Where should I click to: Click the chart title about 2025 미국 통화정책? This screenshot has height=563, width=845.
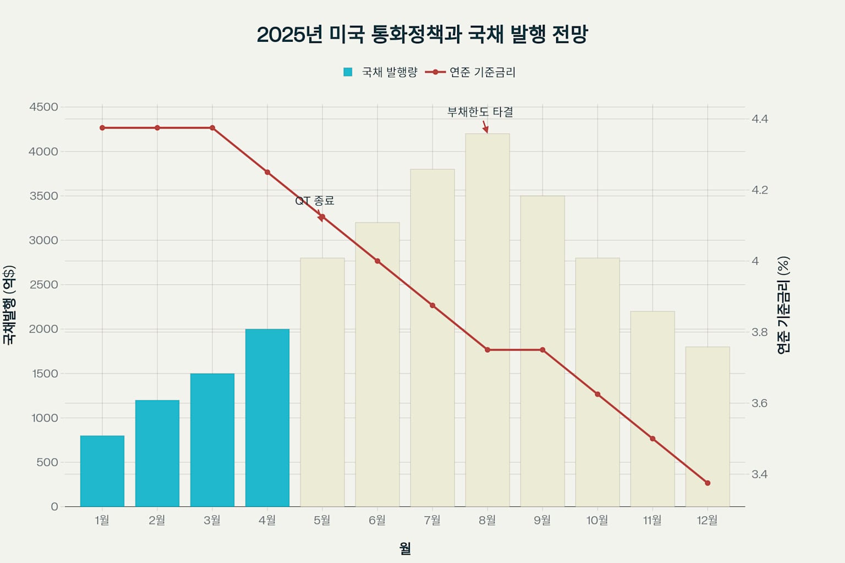point(422,34)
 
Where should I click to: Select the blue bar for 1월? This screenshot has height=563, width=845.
point(102,471)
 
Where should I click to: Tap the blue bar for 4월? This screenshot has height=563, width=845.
point(267,417)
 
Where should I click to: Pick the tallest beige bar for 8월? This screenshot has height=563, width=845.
point(487,319)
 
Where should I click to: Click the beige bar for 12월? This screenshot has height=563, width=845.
point(707,426)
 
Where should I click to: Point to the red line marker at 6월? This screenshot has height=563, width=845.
point(377,261)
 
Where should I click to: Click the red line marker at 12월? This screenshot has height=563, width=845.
point(707,483)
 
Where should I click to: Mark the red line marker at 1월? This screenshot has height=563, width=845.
point(102,128)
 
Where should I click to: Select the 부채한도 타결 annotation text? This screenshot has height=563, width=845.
point(480,112)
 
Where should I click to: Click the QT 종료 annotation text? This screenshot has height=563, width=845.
point(315,201)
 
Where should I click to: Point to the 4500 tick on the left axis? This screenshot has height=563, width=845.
point(43,107)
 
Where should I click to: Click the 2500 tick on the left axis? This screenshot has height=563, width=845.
point(43,285)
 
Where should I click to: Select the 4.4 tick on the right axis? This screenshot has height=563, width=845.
point(760,119)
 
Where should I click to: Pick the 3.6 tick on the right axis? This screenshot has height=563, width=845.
point(760,403)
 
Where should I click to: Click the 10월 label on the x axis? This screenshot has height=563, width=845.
point(597,520)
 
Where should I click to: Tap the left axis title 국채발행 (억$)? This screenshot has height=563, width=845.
point(9,305)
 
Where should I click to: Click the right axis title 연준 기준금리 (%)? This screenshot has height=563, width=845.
point(783,305)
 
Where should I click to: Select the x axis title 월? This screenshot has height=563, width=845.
point(405,548)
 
